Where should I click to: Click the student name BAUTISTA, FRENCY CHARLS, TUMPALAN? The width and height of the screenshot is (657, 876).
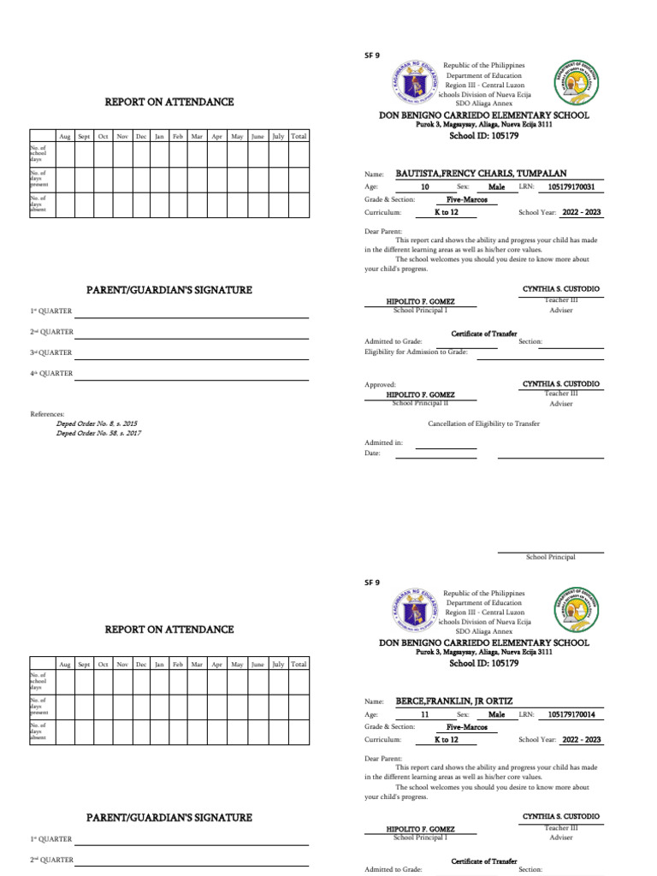click(481, 173)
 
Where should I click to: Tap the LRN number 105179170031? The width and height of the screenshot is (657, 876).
click(571, 186)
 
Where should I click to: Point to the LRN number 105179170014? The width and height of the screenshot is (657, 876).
click(571, 713)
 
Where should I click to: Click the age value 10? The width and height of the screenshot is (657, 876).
click(425, 186)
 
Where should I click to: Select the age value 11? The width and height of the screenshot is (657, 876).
click(425, 713)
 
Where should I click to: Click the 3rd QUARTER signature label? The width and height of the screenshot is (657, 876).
click(52, 352)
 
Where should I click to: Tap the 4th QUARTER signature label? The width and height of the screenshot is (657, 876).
click(52, 373)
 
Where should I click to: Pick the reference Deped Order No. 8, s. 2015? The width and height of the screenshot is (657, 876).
click(97, 423)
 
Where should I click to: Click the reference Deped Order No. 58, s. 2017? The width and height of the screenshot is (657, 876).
click(98, 433)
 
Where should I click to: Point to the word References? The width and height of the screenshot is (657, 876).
click(47, 414)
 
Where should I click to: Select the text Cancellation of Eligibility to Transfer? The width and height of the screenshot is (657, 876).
click(483, 423)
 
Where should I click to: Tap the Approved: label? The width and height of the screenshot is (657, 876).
click(380, 385)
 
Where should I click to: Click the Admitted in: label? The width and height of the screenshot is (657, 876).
click(383, 442)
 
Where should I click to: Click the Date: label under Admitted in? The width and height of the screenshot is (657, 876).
click(372, 453)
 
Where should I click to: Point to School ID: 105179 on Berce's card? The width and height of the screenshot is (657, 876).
click(483, 663)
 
